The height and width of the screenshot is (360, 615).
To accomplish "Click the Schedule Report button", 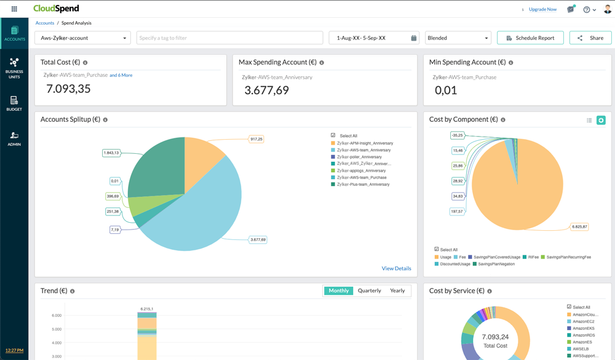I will tap(530, 38).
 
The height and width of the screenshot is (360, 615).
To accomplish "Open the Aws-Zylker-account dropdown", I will tap(82, 38).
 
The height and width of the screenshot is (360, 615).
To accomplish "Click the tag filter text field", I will tap(229, 38).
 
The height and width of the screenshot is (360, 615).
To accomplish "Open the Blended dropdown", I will tap(458, 38).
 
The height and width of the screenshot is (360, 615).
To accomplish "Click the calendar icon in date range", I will tap(413, 38).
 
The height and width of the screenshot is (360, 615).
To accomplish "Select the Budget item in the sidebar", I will tap(14, 103).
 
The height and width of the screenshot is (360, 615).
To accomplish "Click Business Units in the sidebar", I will tap(14, 68).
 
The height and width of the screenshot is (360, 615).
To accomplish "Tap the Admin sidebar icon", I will tap(14, 138).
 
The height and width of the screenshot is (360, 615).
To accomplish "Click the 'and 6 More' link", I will tap(121, 75).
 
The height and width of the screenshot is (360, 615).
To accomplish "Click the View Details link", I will tap(396, 268).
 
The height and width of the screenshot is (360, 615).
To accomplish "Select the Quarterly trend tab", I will tap(369, 290).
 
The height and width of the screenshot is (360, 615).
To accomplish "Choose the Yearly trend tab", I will tap(397, 290).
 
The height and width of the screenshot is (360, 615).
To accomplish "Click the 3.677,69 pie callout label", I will tap(258, 239).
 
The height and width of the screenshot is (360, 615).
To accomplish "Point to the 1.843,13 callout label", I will tap(111, 153).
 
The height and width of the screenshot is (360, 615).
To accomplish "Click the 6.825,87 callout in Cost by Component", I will tap(579, 226).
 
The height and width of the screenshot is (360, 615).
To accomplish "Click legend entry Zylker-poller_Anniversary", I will tap(359, 157).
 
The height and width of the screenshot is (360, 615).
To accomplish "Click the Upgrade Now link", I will tap(542, 9).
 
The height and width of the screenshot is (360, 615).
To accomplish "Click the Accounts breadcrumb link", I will tap(45, 23).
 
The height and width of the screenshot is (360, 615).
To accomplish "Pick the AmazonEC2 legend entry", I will tap(583, 321).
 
